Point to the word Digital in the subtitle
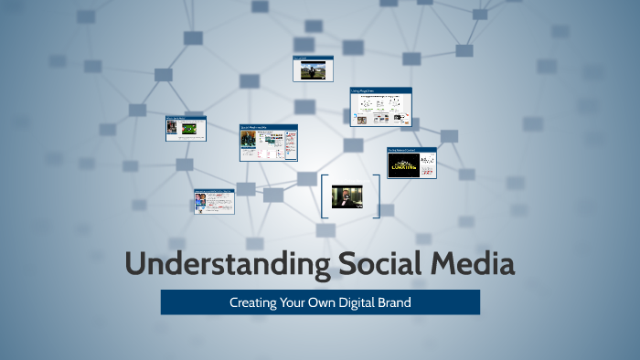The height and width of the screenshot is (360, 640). tap(360, 302)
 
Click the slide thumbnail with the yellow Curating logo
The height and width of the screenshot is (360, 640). tap(411, 163)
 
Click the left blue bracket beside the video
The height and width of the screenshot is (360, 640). tap(325, 196)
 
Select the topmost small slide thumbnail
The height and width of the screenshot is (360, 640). tap(313, 69)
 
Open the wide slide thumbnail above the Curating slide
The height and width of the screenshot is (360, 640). tap(380, 106)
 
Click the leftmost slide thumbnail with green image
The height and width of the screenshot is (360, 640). tap(186, 128)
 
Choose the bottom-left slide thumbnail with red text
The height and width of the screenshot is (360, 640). tap(214, 202)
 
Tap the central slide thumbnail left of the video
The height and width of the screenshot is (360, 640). tap(268, 143)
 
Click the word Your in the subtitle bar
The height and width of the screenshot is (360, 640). tap(294, 302)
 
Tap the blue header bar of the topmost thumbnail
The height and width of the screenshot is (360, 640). tap(313, 58)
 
